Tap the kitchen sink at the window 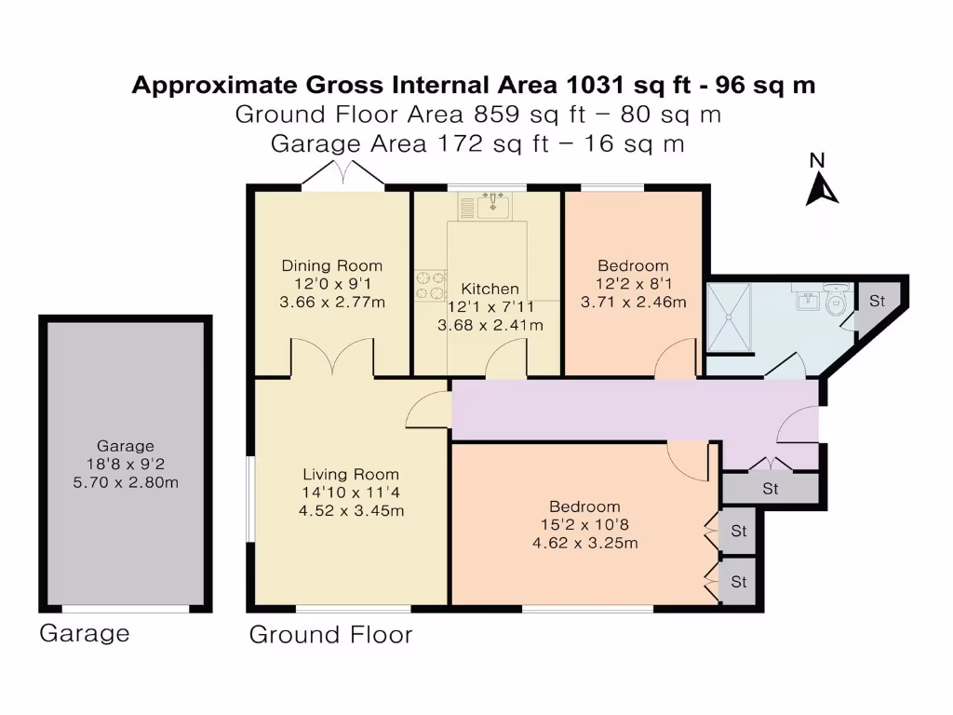(x=493, y=206)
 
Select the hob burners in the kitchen (x=430, y=285)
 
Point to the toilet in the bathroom (x=838, y=304)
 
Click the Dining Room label (x=332, y=266)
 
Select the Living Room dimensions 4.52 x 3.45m (x=350, y=510)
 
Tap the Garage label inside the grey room (x=126, y=446)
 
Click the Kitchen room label (x=490, y=289)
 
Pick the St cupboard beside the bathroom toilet (x=877, y=302)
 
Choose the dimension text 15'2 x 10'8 (x=584, y=525)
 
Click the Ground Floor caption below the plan (x=330, y=635)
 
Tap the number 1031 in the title (x=596, y=86)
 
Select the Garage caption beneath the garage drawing (x=85, y=634)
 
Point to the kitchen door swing (x=509, y=359)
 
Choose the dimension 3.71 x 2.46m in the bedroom (x=633, y=302)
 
